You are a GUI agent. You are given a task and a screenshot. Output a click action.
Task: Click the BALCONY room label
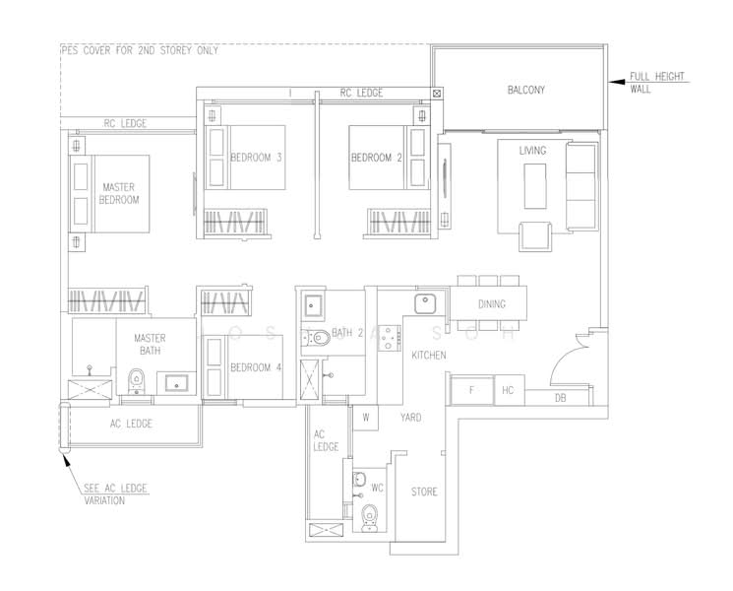526,91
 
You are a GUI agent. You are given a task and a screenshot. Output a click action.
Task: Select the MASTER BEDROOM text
119,193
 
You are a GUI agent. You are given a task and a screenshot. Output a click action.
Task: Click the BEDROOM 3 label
256,158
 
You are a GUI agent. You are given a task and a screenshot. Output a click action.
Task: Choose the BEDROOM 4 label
256,367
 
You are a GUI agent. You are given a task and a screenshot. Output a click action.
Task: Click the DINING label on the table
492,304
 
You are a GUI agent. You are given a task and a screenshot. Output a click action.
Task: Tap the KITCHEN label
429,355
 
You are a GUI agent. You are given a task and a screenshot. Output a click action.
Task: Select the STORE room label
424,492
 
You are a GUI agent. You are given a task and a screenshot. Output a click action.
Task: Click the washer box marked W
365,418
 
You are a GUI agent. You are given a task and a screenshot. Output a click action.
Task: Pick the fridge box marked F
471,391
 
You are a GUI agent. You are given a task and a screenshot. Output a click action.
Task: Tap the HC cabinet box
508,391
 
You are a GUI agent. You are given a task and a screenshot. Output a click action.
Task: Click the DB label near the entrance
560,398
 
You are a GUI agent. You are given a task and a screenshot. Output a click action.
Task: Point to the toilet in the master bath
137,378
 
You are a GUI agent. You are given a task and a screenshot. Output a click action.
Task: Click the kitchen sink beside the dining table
426,302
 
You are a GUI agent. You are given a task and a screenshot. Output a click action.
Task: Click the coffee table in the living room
535,185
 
